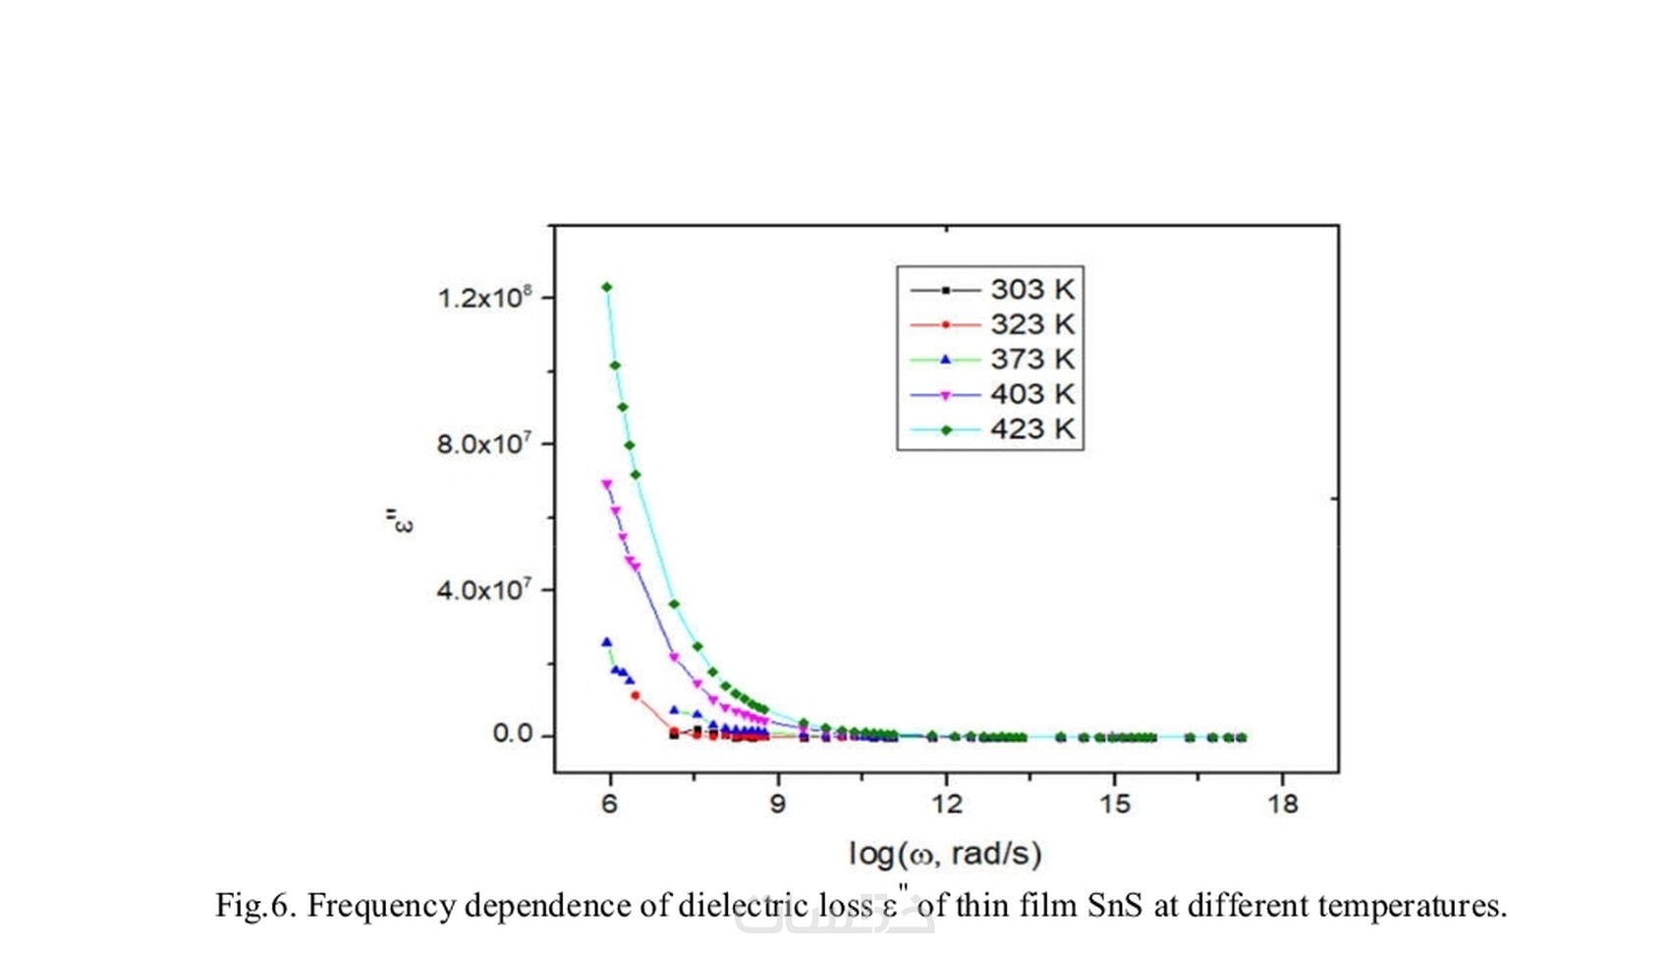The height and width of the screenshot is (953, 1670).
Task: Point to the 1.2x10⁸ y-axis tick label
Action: [484, 297]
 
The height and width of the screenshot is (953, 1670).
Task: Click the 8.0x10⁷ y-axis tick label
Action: [484, 443]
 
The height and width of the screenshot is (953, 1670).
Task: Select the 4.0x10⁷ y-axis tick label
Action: [484, 589]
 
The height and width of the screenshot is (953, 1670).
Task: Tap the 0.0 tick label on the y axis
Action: [512, 734]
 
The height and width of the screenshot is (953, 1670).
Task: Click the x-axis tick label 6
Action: [609, 805]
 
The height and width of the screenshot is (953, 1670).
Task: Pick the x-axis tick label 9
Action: [778, 805]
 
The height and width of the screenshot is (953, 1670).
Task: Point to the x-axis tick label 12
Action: [946, 805]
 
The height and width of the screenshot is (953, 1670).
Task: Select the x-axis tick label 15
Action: [1115, 805]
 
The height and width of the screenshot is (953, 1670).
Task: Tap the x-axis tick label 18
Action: [1283, 805]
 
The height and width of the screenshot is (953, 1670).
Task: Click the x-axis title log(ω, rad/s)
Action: [945, 854]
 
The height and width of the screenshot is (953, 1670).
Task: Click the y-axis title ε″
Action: [400, 521]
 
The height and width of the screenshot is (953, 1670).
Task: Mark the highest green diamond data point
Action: [607, 288]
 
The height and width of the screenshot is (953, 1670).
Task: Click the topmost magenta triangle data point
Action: [607, 484]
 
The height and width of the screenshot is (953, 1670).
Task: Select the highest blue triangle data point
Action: [606, 642]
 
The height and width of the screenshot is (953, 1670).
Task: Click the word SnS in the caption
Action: [1115, 905]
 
